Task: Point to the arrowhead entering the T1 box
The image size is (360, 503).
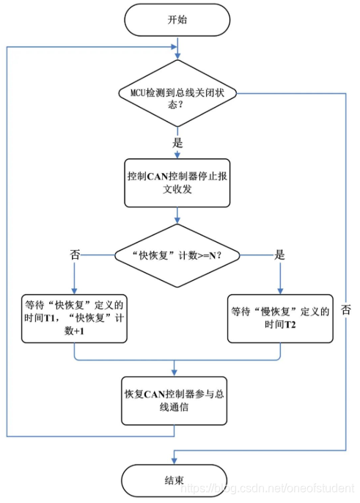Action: click(x=75, y=291)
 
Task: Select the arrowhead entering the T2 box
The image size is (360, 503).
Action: click(x=279, y=291)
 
